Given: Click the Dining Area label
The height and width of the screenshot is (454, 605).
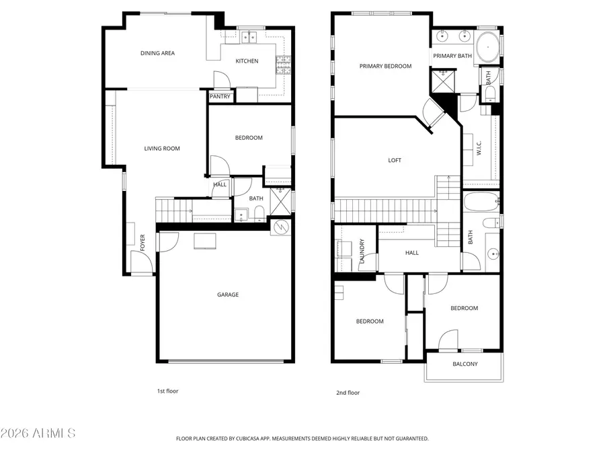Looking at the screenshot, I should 157,53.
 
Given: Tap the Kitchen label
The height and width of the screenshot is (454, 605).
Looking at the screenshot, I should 247,61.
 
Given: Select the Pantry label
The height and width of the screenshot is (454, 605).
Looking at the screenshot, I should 220,97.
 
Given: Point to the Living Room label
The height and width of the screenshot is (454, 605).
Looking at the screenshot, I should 162,149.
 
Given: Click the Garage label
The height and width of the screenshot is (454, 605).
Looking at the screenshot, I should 227,295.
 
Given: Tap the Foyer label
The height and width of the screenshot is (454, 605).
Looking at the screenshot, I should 143,242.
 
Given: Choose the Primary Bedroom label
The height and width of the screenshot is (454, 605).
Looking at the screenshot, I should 385,66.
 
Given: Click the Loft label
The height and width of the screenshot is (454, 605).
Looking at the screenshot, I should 395,160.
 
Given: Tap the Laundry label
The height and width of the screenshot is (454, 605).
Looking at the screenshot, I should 362,251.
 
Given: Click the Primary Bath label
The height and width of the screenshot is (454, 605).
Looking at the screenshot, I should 452,56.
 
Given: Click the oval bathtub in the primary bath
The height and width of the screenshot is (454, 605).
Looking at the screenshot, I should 488,48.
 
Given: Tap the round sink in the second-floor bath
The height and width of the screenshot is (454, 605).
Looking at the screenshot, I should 493,254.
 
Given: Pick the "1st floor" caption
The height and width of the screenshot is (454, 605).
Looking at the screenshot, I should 167,391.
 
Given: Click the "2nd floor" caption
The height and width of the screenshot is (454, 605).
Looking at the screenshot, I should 348,393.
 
